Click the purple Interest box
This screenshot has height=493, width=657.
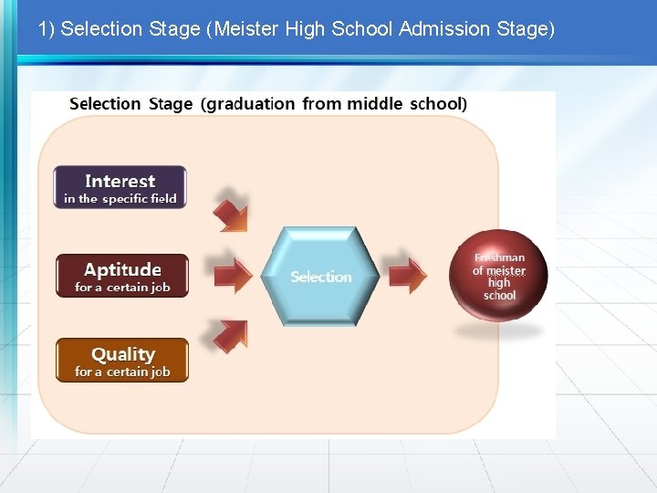(120, 187)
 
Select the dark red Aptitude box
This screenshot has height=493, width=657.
(122, 276)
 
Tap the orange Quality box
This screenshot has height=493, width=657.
(122, 361)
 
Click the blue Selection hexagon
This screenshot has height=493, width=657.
(320, 276)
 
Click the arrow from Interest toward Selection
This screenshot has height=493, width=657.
(230, 211)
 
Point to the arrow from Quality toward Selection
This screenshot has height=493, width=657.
(231, 335)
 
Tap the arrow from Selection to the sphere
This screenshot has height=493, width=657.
(407, 276)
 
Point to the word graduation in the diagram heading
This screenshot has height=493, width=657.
(251, 104)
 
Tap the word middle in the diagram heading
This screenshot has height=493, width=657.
(374, 104)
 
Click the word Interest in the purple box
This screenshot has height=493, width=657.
(120, 181)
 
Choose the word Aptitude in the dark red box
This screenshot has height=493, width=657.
(122, 269)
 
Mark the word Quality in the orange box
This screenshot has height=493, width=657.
(122, 354)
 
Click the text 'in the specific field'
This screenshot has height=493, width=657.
(120, 199)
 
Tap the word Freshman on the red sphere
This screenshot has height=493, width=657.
(499, 258)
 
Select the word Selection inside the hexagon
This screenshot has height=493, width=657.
(320, 277)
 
